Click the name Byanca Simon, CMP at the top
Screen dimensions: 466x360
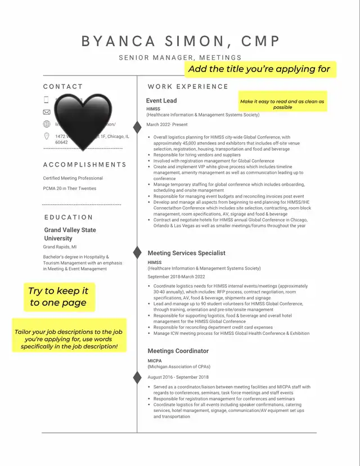[x=181, y=41]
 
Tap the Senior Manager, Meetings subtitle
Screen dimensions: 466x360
[x=180, y=57]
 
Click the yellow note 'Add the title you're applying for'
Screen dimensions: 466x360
[x=259, y=69]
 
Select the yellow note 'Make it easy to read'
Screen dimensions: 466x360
[x=282, y=104]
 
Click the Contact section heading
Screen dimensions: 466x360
[x=63, y=87]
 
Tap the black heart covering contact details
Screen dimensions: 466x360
[x=83, y=119]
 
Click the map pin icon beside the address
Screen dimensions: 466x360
[x=47, y=136]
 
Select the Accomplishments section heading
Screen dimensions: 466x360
[x=85, y=165]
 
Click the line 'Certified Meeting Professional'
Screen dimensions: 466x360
[x=73, y=178]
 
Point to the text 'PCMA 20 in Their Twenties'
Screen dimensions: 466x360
[x=70, y=189]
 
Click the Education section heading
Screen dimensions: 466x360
[x=68, y=217]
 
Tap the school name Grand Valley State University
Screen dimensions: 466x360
[x=70, y=234]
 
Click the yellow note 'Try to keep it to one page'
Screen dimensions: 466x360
[x=58, y=297]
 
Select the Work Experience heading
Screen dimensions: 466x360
[x=188, y=87]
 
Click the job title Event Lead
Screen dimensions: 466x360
[x=161, y=101]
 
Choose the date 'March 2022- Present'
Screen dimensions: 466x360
[x=167, y=124]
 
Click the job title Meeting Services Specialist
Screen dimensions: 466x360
[x=186, y=253]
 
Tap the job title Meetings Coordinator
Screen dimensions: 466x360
[x=178, y=351]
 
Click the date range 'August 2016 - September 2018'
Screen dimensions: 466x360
[x=178, y=377]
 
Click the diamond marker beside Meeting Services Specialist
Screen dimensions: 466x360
[x=137, y=250]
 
